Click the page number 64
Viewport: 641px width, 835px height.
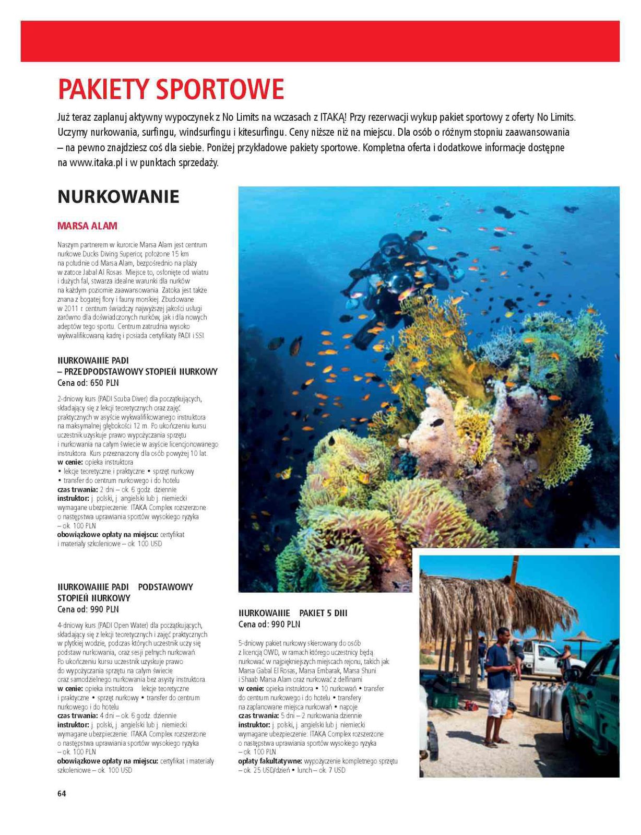tap(62, 794)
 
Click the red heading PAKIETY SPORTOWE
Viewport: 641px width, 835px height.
tap(171, 89)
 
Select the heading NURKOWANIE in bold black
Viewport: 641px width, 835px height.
tap(118, 197)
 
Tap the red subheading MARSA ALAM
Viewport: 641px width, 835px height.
tap(87, 226)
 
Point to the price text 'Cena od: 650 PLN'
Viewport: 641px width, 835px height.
tap(88, 383)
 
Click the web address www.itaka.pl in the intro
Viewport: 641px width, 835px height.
tap(96, 162)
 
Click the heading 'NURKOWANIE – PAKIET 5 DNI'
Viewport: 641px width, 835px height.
tap(293, 613)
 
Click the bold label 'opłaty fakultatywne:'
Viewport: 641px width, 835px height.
tap(269, 761)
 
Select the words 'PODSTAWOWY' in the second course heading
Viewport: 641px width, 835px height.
tap(165, 587)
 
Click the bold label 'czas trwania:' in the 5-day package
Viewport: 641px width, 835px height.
tap(258, 715)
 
